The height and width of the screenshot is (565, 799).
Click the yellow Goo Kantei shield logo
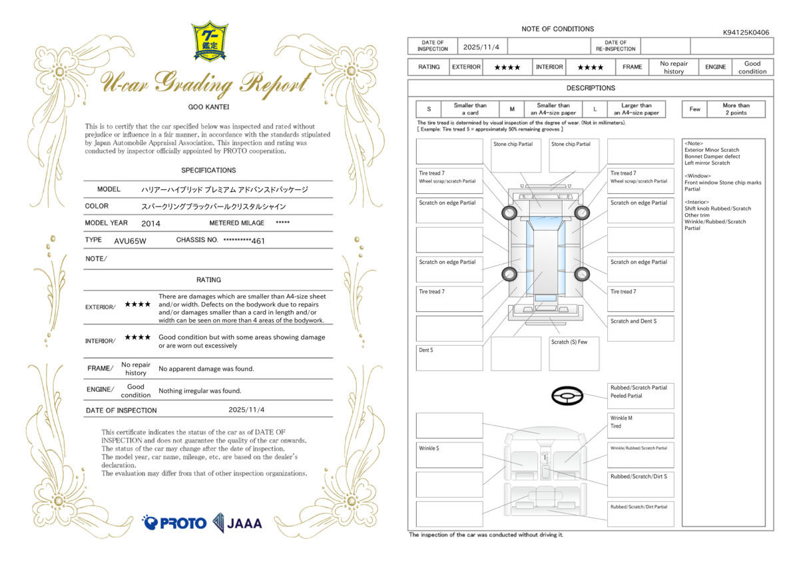210,41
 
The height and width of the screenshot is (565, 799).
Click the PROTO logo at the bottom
174,523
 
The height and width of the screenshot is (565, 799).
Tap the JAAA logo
237,523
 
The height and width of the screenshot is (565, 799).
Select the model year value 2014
150,224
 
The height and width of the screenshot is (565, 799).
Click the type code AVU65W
131,241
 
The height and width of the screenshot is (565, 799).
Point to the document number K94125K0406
746,33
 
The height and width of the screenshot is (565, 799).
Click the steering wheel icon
567,396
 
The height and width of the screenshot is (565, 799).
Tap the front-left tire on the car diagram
509,213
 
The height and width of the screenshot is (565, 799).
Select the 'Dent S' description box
449,358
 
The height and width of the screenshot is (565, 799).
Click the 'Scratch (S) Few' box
574,354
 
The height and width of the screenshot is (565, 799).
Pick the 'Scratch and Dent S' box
641,328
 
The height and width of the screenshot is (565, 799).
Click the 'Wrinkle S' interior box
449,455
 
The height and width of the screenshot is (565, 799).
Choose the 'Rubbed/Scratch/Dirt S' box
641,484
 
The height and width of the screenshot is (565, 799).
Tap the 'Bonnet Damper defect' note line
712,157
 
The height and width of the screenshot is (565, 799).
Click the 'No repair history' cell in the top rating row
673,67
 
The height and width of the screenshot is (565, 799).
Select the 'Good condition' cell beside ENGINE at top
752,67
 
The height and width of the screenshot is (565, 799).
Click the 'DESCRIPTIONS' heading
591,88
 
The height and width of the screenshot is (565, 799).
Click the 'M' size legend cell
512,109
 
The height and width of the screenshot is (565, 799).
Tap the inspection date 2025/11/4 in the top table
481,47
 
